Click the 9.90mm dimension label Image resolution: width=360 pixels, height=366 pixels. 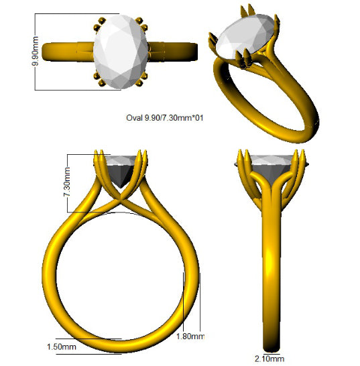coord(36,51)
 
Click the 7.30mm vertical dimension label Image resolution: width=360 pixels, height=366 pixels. coord(67,182)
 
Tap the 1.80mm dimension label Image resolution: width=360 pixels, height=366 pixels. coord(190,337)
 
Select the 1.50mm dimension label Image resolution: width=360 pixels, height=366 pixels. coord(62,347)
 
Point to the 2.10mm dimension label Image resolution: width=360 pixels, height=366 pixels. coord(269,359)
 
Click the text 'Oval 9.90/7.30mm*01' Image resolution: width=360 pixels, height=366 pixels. coord(165,118)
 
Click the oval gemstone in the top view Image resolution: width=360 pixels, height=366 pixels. coord(121,52)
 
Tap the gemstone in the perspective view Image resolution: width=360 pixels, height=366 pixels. coord(245,36)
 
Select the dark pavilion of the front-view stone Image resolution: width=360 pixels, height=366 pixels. coord(120,176)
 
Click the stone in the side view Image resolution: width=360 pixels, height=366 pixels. coord(272,169)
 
